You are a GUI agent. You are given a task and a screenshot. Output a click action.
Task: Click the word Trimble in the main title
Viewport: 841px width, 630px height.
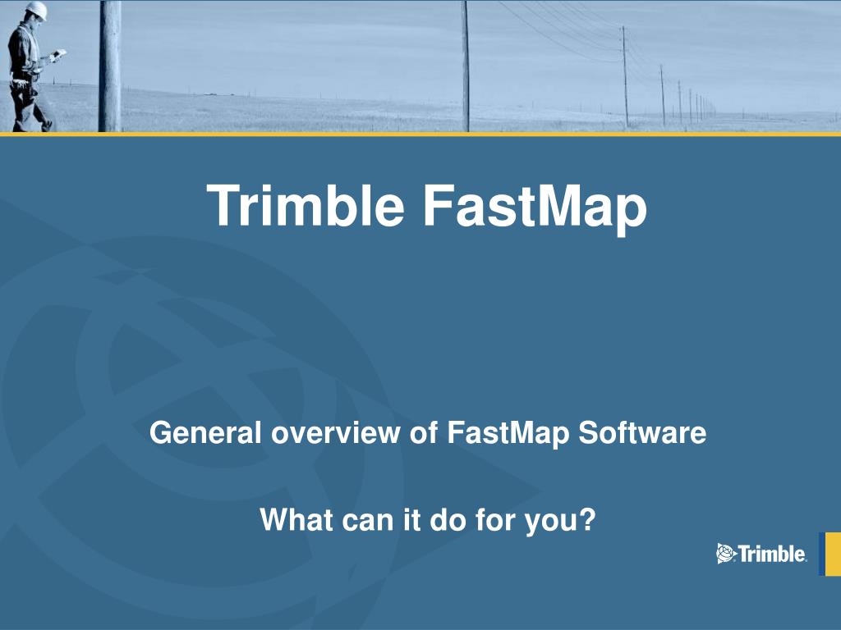pos(306,206)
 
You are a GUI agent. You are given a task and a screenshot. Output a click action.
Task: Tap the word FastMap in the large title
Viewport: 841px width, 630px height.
pos(535,208)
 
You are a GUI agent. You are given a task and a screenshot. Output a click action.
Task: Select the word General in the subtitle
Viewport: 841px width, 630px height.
pos(205,432)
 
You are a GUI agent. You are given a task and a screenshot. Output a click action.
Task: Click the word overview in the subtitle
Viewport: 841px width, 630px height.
pos(335,432)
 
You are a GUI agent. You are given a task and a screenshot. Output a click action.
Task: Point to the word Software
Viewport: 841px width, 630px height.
pos(642,432)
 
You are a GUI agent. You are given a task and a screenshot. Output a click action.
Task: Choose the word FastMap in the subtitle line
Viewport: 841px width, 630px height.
pos(508,434)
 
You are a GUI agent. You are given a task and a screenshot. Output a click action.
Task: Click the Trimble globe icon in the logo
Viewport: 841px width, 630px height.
pos(726,554)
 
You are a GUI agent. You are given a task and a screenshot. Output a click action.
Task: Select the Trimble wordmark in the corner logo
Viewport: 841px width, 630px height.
pos(772,554)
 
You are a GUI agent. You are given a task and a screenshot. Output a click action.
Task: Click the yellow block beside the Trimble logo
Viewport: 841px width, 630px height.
pos(830,554)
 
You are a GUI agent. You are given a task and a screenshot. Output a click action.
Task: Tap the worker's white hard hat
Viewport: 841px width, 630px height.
pos(37,10)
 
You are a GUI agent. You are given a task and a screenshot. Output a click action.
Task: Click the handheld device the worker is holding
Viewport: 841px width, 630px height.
pos(58,54)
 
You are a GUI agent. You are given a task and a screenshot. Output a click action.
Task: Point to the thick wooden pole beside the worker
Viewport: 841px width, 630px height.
pos(110,66)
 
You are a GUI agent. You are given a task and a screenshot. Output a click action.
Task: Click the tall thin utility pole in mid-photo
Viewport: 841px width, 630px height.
pos(466,66)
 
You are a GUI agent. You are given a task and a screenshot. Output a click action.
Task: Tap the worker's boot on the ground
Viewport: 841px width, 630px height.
pos(47,126)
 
